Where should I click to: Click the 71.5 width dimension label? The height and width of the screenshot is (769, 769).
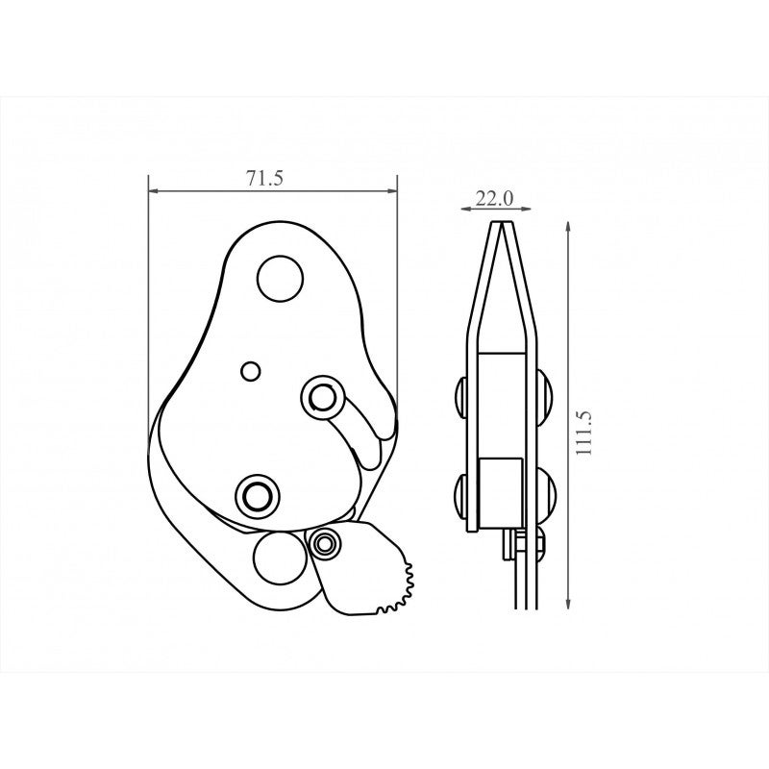(x=265, y=179)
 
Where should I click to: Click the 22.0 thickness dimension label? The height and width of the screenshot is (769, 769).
(x=494, y=199)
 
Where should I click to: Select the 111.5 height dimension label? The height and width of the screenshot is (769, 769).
(x=584, y=433)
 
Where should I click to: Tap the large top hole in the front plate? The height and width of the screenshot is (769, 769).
(x=280, y=278)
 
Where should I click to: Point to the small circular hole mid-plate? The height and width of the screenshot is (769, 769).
(x=251, y=371)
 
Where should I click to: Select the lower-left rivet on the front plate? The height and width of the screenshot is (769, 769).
(x=256, y=496)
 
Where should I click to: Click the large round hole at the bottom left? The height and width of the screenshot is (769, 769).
(x=278, y=558)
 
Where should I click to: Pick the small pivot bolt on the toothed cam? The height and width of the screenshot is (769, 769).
(x=324, y=543)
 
